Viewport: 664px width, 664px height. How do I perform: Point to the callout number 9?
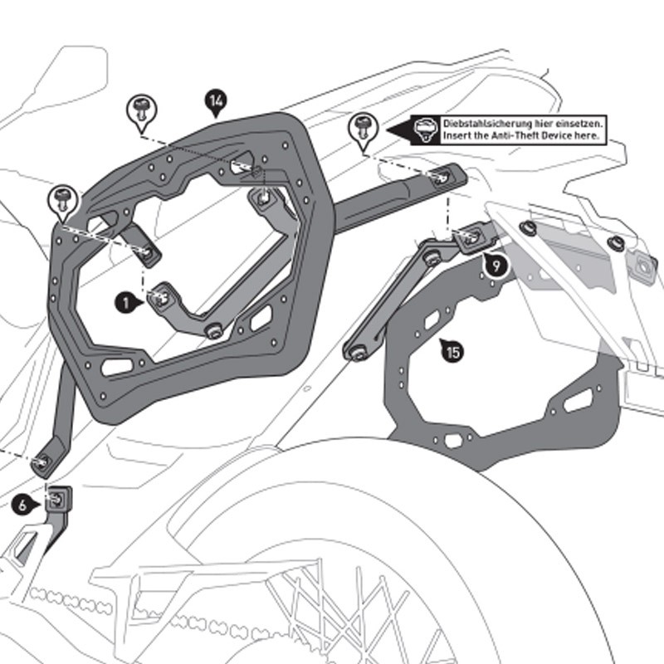(x=496, y=266)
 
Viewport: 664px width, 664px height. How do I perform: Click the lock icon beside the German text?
(x=424, y=128)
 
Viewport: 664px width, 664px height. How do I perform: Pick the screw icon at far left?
(x=62, y=199)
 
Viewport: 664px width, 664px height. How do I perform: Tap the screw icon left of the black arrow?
(x=363, y=127)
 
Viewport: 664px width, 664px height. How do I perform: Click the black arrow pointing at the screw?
(x=398, y=128)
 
